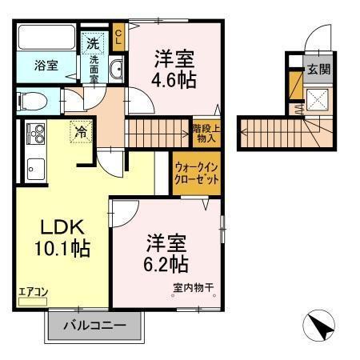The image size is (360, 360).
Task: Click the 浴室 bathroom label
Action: tap(46, 65)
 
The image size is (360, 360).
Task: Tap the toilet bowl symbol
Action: tap(30, 101)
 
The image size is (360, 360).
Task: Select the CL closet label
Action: tap(118, 35)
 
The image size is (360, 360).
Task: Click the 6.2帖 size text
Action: tap(166, 263)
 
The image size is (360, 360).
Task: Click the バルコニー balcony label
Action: tap(95, 326)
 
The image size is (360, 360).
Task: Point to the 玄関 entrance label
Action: tap(318, 69)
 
